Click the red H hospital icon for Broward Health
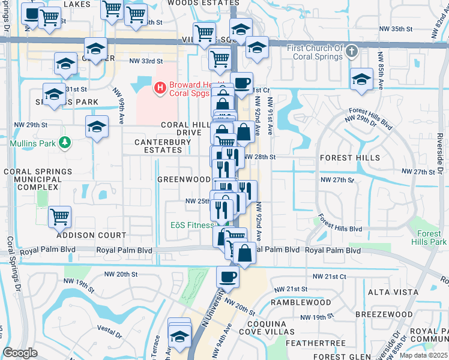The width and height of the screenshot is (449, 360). pyautogui.click(x=160, y=89)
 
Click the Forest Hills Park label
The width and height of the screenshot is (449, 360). pyautogui.click(x=429, y=238)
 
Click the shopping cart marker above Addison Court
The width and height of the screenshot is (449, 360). pyautogui.click(x=60, y=216)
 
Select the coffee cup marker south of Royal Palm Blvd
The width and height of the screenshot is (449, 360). pyautogui.click(x=228, y=277)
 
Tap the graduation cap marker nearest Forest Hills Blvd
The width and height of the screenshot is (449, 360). pyautogui.click(x=361, y=79)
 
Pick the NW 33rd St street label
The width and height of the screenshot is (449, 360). pyautogui.click(x=146, y=61)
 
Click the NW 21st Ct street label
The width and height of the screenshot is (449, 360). pyautogui.click(x=330, y=276)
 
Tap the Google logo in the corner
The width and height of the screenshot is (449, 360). pyautogui.click(x=20, y=352)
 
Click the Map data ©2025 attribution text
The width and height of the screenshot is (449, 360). pyautogui.click(x=423, y=355)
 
